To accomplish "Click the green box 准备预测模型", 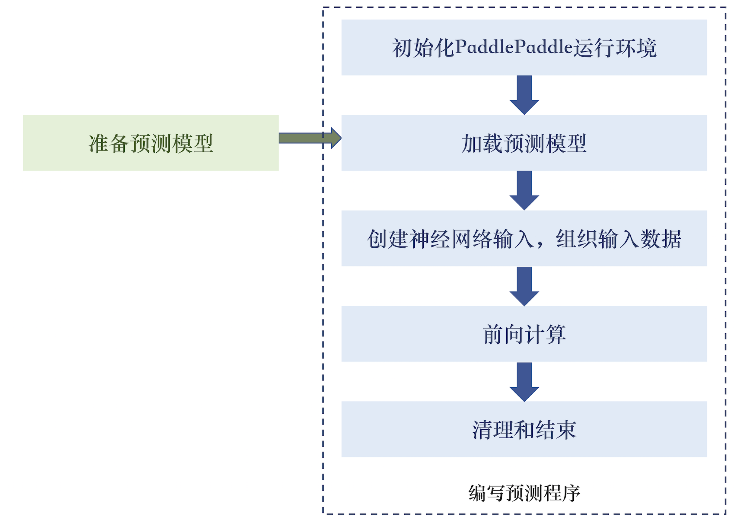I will coord(150,143).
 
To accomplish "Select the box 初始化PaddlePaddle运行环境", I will coord(524,48).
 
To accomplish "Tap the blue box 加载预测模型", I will coord(524,143).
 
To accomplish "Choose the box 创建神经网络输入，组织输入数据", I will coord(524,238).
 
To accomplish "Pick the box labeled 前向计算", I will coord(524,334).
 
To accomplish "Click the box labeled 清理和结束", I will coord(524,429).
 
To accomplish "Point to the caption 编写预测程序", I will coord(524,493).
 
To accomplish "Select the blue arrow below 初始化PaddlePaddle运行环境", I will coord(524,95).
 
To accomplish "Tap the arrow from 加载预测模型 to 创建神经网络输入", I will coord(524,190).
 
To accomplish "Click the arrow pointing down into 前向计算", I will coord(524,286).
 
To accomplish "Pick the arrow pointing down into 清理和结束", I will coord(524,381).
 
